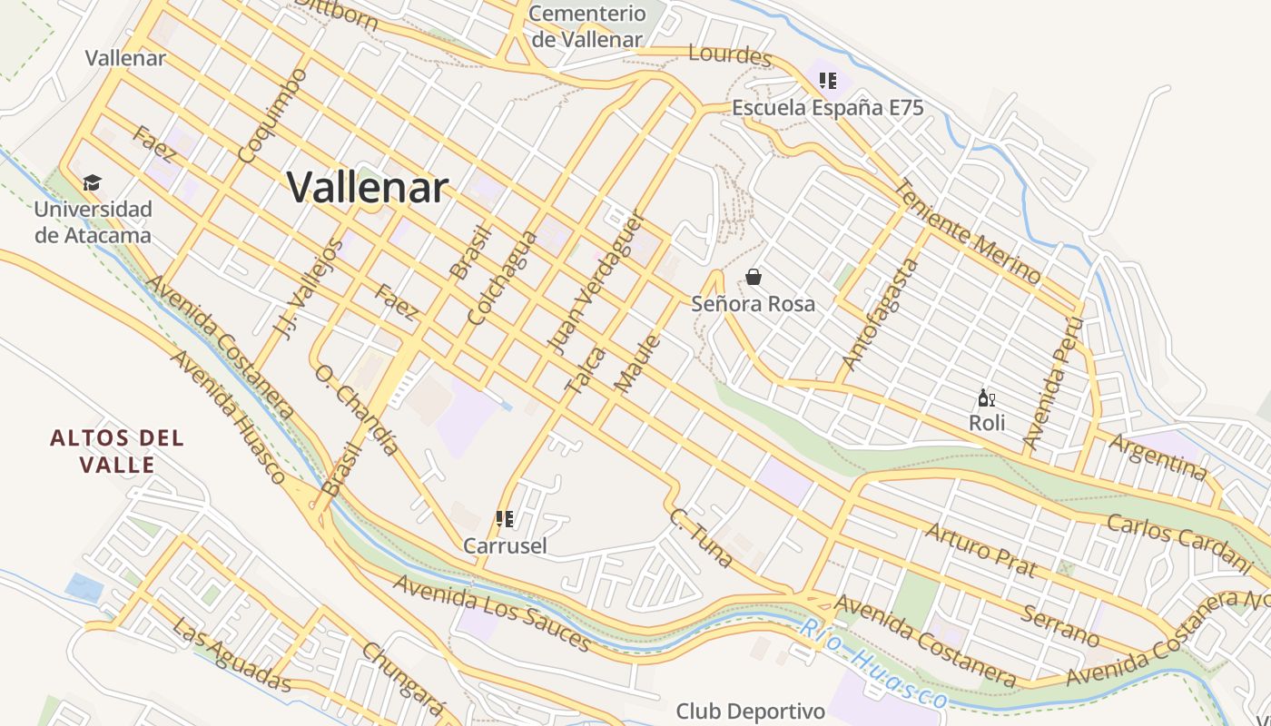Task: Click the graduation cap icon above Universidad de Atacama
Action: coord(92,183)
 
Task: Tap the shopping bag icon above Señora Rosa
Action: coord(754,277)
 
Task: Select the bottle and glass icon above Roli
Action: coord(987,397)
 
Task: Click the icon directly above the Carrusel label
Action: coord(505,519)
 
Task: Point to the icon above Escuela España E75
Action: coord(827,81)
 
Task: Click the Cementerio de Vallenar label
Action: coord(587,26)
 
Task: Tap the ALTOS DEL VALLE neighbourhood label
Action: coord(117,451)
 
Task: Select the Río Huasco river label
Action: coord(873,664)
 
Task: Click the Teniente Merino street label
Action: coord(968,231)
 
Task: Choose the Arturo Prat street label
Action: coord(980,549)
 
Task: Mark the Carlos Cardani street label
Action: coord(1179,542)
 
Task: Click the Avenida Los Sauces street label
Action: coord(492,612)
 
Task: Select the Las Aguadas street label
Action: coord(232,655)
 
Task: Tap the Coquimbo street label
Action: coord(271,115)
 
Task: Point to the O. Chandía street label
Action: coord(357,409)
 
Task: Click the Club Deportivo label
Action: coord(751,711)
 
